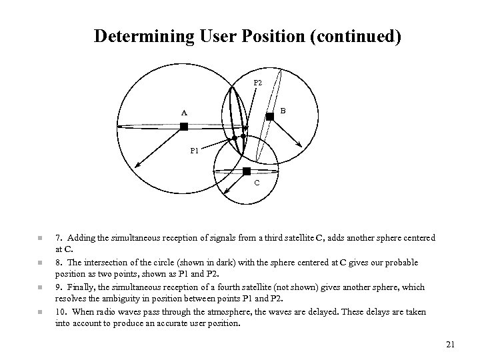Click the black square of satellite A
pyautogui.click(x=184, y=126)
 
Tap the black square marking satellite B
pyautogui.click(x=269, y=117)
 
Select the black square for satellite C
pyautogui.click(x=246, y=171)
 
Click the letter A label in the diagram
pyautogui.click(x=184, y=113)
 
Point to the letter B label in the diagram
pyautogui.click(x=283, y=110)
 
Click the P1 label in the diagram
pyautogui.click(x=194, y=151)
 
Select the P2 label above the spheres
pyautogui.click(x=258, y=83)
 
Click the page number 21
pyautogui.click(x=449, y=344)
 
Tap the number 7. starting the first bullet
pyautogui.click(x=59, y=238)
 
